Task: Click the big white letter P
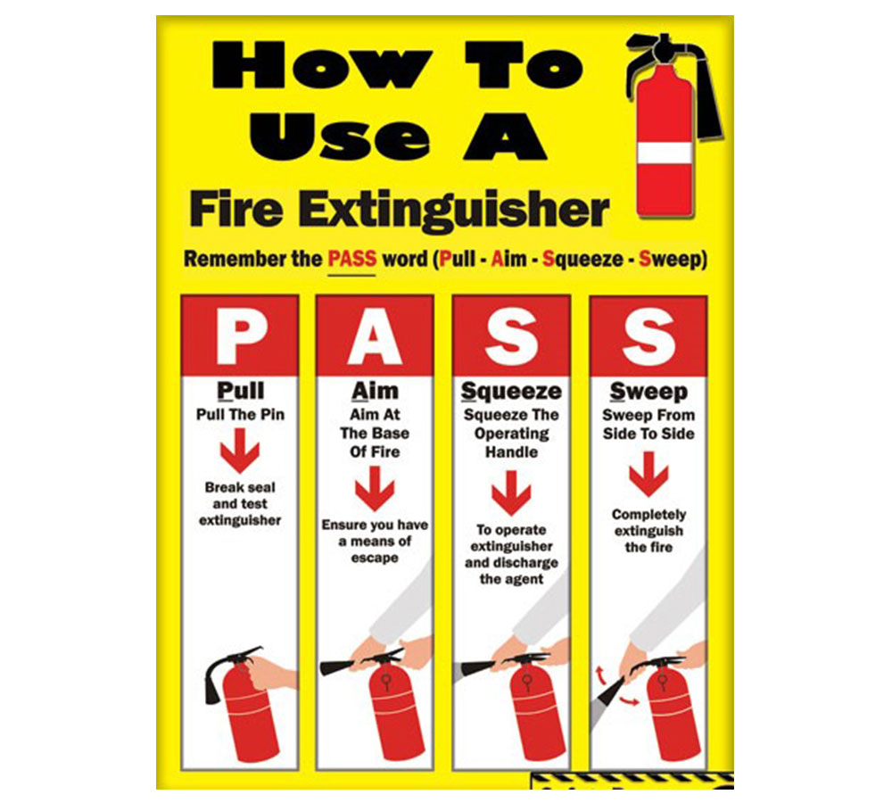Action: coord(241,338)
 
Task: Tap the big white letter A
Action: coord(375,338)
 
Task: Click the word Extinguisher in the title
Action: coord(454,210)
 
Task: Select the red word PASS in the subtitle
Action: coord(352,259)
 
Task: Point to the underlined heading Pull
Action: coord(241,391)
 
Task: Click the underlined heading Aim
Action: coord(375,391)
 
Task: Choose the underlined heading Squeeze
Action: coord(511,392)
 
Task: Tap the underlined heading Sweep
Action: coord(648,392)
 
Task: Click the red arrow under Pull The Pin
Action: coord(240,451)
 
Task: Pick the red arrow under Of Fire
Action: coord(375,489)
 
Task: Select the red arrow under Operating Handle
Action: coord(511,493)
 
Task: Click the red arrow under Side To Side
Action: coord(648,474)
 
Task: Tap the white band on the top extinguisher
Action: coord(665,152)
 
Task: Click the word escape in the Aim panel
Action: coord(375,559)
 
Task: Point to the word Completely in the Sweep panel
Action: coord(648,515)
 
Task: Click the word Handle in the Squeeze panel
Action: coord(511,452)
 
